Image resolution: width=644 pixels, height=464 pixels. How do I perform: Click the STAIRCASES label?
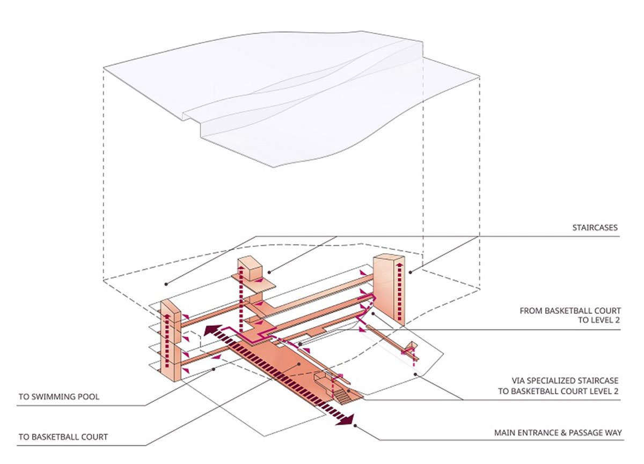coord(595,228)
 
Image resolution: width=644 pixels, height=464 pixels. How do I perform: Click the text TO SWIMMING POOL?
coord(58,397)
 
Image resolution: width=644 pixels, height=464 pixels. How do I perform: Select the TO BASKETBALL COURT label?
coord(63,437)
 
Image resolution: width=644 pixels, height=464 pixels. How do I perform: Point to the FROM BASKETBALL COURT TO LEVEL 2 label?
coord(570,315)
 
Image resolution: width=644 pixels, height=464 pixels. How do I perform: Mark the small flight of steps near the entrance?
coord(342,397)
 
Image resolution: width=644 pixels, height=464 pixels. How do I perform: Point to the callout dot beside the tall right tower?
coord(411,272)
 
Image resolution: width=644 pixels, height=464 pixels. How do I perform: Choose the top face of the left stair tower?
coord(168,305)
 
